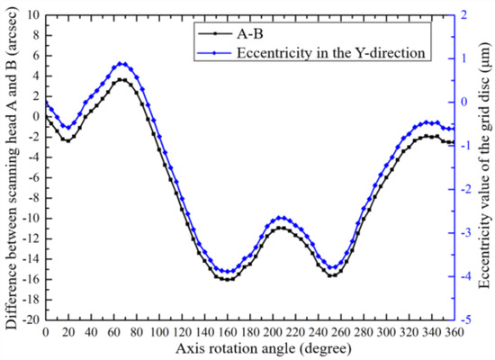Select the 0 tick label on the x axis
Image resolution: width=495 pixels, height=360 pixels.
(x=45, y=331)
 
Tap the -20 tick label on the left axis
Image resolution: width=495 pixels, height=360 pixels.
(x=30, y=319)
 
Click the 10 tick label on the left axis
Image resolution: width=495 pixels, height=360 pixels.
(x=33, y=14)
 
